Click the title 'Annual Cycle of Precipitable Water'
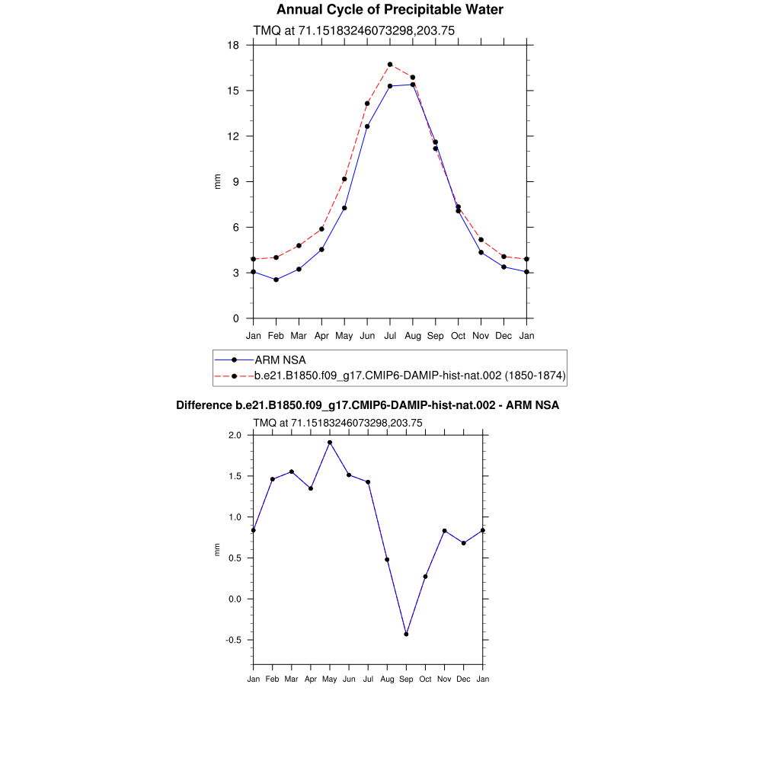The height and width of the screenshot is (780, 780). [389, 10]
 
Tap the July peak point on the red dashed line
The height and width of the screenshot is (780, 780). [390, 65]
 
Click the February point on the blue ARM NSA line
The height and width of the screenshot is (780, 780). [276, 280]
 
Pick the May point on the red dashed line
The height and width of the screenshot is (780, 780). [344, 179]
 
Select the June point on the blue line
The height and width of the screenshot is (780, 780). [367, 126]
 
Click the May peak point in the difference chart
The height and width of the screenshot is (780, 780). [330, 443]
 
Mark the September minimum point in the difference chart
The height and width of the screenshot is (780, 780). [406, 634]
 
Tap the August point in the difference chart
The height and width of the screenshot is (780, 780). [387, 560]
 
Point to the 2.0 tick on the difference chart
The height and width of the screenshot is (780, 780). [235, 435]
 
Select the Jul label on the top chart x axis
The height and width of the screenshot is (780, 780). [390, 335]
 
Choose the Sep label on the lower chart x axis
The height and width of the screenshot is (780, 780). [406, 679]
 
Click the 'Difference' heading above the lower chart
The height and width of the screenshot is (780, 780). [367, 405]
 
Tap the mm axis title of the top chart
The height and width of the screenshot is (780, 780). [217, 181]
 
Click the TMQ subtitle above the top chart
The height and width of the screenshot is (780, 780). [353, 30]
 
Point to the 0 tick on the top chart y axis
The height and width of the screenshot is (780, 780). [236, 318]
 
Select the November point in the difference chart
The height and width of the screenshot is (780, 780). [444, 531]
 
